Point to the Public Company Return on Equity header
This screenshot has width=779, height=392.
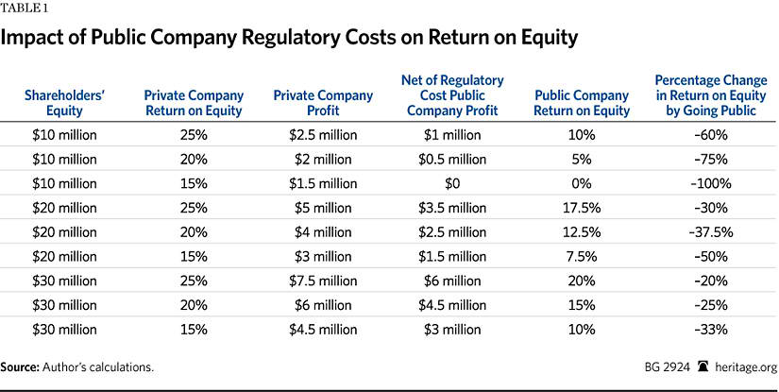click(581, 103)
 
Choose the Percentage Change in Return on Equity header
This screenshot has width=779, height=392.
click(703, 95)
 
